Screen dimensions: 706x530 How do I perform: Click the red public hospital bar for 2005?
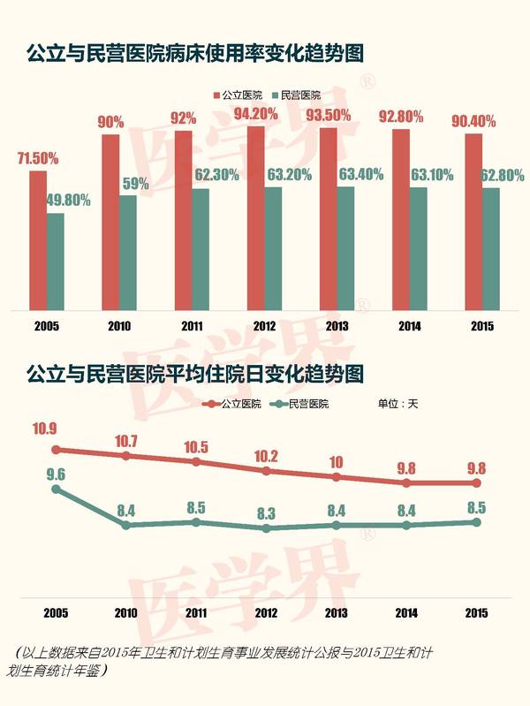pyautogui.click(x=38, y=240)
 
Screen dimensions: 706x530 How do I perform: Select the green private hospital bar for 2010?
pyautogui.click(x=128, y=253)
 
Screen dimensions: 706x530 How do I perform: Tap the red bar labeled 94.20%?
pyautogui.click(x=255, y=218)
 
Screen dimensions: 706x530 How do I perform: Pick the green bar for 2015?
pyautogui.click(x=491, y=249)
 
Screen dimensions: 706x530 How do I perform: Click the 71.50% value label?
pyautogui.click(x=38, y=159)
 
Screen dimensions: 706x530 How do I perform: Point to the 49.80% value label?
pyautogui.click(x=67, y=201)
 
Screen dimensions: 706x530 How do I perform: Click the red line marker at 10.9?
pyautogui.click(x=55, y=449)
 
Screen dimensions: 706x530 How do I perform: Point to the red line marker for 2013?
pyautogui.click(x=337, y=476)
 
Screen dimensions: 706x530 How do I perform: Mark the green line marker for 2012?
pyautogui.click(x=266, y=528)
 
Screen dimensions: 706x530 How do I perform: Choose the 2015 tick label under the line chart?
pyautogui.click(x=476, y=611)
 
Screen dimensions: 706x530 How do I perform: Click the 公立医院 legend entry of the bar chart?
pyautogui.click(x=238, y=95)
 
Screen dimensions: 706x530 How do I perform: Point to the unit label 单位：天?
pyautogui.click(x=397, y=404)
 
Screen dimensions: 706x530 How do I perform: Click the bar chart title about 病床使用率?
pyautogui.click(x=195, y=54)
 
